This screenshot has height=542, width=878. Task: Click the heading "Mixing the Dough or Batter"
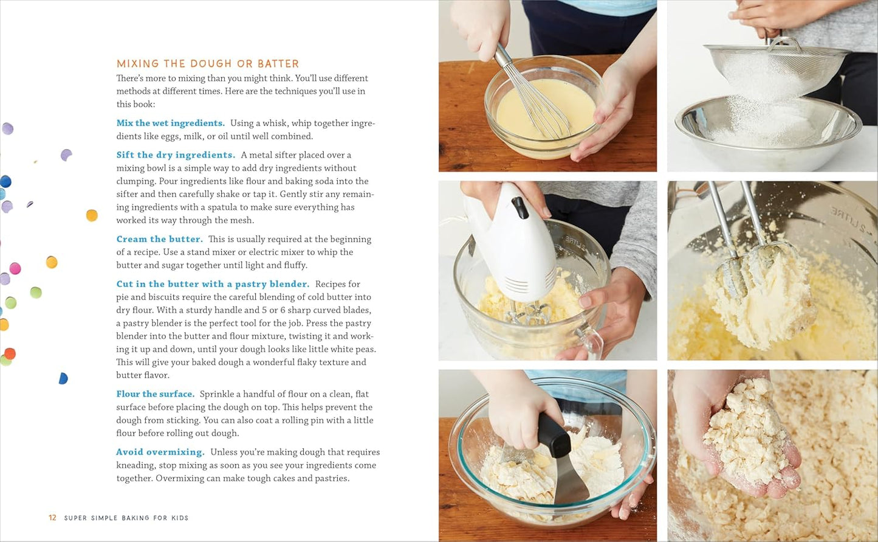pos(208,64)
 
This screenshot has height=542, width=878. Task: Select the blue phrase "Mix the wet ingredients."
pos(170,123)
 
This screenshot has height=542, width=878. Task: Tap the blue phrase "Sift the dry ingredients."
pos(176,155)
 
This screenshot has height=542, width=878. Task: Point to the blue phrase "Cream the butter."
pos(159,239)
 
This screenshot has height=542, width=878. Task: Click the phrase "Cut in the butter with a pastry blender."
pos(213,284)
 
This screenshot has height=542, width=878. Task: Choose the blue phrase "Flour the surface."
pos(155,394)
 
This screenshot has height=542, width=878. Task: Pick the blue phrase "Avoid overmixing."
pos(160,452)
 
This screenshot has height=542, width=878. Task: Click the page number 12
pos(52,518)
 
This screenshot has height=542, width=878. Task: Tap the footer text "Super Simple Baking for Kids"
pos(126,518)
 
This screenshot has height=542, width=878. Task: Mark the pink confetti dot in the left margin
pos(15,268)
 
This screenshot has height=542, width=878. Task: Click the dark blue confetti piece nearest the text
pos(63,378)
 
